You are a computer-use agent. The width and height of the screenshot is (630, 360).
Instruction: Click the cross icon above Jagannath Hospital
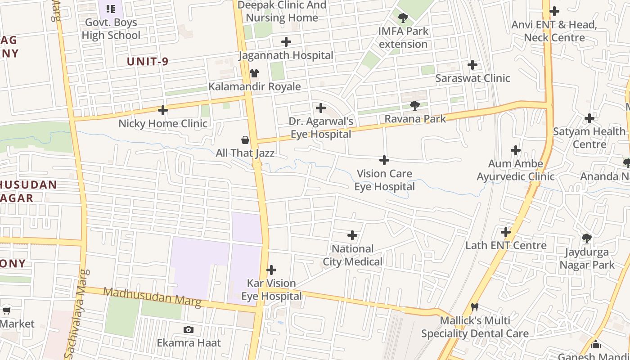[286, 42]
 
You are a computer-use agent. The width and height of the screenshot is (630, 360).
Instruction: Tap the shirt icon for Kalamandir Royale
[254, 73]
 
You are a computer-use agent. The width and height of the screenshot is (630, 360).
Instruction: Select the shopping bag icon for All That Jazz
[245, 140]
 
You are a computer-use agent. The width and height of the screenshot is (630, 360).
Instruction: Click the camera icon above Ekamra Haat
[189, 329]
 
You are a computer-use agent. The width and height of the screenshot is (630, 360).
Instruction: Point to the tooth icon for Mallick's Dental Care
[474, 307]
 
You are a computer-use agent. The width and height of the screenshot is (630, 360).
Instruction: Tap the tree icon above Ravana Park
[414, 106]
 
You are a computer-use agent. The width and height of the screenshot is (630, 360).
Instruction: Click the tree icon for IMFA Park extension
[403, 18]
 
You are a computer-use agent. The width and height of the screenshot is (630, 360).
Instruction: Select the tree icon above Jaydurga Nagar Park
[586, 238]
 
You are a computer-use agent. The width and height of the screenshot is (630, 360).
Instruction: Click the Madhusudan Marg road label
[152, 297]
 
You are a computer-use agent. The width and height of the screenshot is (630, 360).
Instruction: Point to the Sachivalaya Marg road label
[75, 313]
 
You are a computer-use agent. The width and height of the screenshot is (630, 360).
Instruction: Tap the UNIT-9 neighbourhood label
[148, 62]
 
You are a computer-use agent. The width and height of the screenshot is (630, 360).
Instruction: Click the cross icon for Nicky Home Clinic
[163, 110]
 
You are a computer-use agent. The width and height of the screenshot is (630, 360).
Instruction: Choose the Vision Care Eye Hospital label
[384, 180]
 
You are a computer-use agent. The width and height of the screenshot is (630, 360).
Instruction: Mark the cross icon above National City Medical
[352, 235]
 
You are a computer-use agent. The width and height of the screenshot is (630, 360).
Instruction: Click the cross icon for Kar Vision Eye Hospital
[271, 270]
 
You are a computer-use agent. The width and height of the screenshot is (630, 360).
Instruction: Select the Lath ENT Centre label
[506, 245]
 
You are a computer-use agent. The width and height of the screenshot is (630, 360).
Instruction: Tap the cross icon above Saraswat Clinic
[472, 65]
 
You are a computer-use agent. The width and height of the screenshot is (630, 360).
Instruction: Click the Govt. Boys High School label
[111, 29]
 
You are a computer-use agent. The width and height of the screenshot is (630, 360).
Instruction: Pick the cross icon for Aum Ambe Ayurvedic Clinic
[516, 150]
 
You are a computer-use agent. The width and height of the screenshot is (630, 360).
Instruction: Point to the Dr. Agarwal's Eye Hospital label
[320, 128]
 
